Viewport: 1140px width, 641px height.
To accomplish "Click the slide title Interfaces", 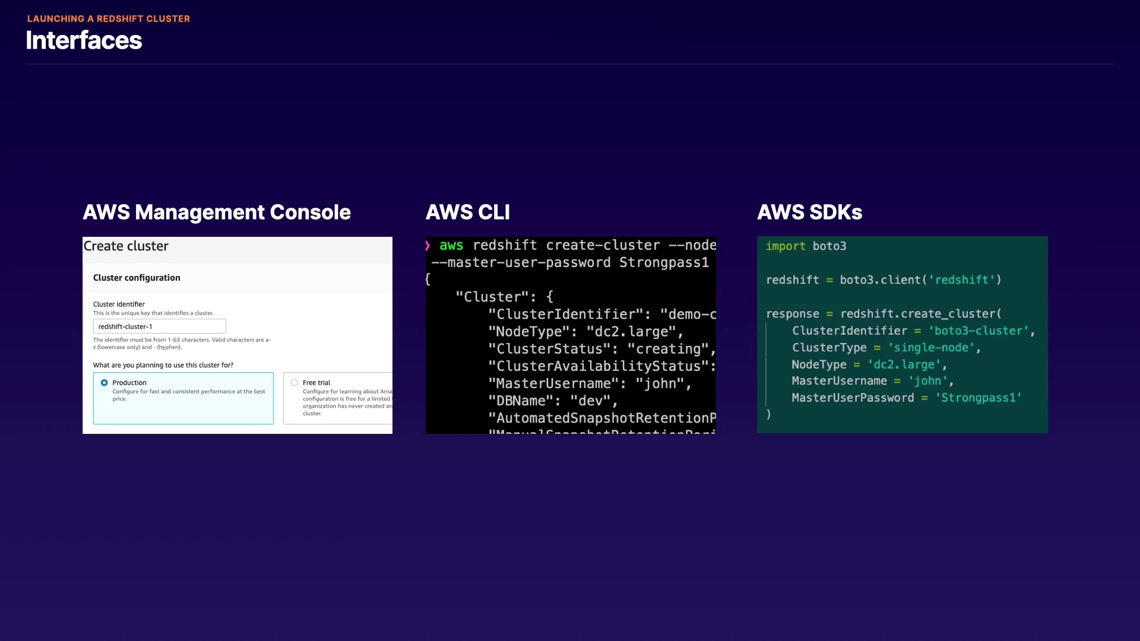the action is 84,40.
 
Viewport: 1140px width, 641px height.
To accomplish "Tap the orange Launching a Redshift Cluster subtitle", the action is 109,18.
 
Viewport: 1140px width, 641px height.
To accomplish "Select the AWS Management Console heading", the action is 217,212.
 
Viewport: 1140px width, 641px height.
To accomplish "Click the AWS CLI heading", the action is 468,212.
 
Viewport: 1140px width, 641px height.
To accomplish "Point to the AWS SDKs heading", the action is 809,212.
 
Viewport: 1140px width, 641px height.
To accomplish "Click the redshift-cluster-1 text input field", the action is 159,326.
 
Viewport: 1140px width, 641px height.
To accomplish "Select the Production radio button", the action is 104,383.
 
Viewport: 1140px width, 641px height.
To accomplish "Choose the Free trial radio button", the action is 294,383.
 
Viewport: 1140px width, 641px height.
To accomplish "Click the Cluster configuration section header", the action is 137,278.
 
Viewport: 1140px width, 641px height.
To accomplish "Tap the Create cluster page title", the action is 126,246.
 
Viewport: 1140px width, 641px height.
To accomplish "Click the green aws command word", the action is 451,245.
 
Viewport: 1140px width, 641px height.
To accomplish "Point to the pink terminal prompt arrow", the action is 427,245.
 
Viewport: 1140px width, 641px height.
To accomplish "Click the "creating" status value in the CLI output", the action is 668,349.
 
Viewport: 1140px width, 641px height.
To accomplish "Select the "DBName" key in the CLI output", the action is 521,401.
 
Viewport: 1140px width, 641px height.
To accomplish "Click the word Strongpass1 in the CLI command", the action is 664,262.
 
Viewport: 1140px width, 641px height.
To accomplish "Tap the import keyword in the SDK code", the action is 786,246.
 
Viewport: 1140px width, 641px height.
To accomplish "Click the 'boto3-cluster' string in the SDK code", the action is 978,331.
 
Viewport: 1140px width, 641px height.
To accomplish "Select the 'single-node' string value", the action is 931,347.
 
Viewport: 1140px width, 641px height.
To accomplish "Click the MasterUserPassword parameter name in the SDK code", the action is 853,398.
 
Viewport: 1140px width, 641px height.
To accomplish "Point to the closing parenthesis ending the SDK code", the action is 768,414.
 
